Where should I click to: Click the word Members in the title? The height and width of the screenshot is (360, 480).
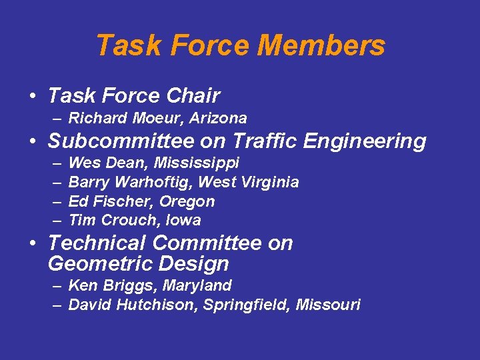pyautogui.click(x=321, y=45)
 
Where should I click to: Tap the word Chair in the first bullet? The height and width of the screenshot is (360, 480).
pyautogui.click(x=193, y=96)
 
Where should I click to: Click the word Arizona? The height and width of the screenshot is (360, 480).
pyautogui.click(x=219, y=119)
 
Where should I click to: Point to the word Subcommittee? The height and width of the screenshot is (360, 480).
pyautogui.click(x=114, y=141)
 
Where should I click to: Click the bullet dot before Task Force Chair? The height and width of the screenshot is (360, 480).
pyautogui.click(x=32, y=97)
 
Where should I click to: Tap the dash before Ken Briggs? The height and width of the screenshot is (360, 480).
pyautogui.click(x=56, y=286)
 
